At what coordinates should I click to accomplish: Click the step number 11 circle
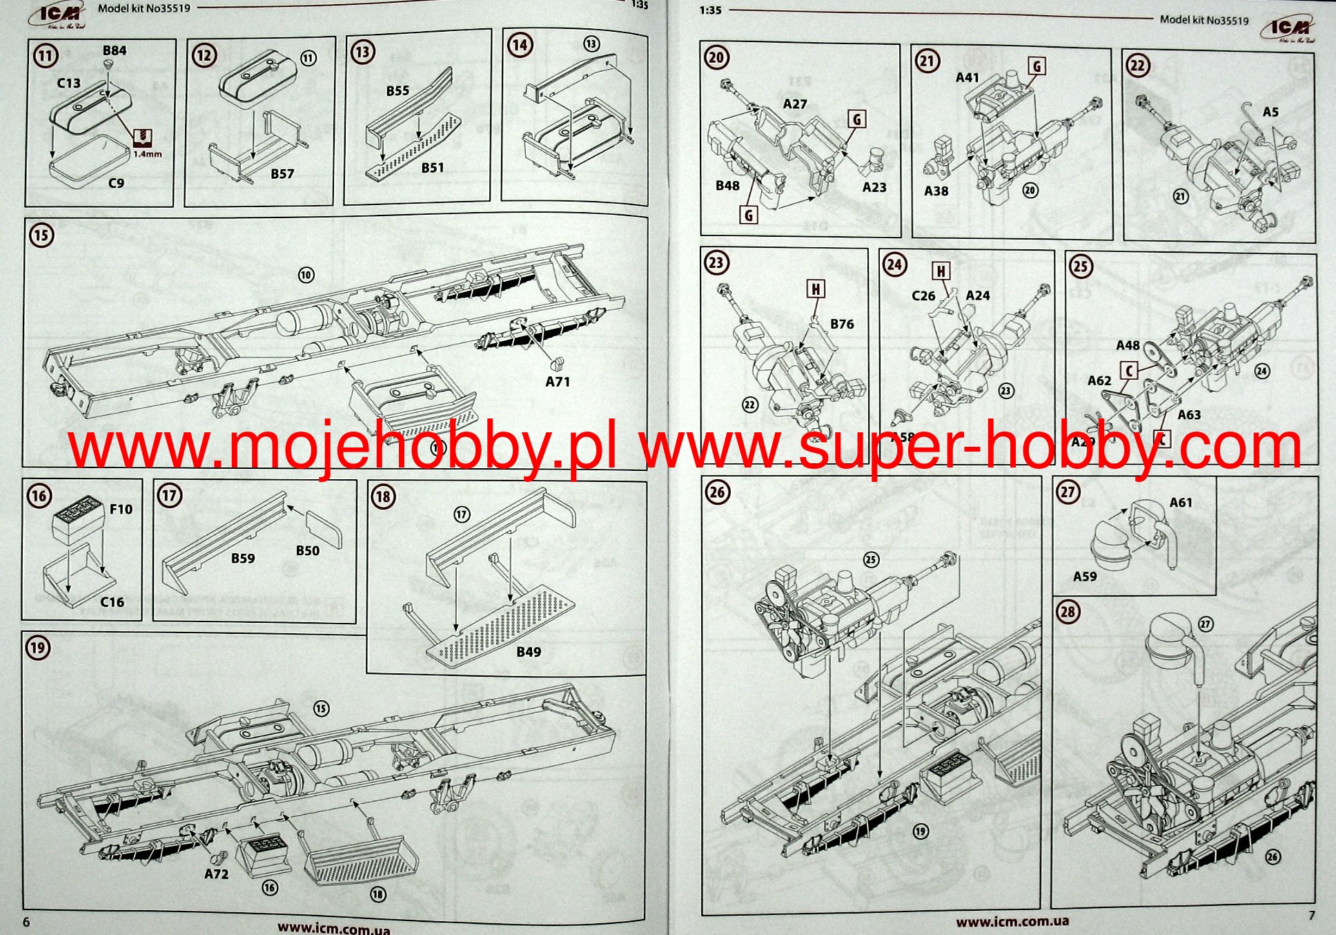46,56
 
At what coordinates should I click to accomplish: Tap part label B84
115,50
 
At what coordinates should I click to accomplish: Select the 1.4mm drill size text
147,154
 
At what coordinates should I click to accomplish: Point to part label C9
116,183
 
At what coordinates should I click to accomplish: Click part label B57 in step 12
282,174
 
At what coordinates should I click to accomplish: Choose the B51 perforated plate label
433,168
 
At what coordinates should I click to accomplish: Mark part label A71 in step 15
558,381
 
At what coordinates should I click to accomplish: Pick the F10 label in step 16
121,509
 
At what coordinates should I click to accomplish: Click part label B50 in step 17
308,550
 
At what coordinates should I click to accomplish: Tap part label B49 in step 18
529,651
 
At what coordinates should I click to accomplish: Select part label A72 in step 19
216,874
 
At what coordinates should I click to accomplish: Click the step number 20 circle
716,57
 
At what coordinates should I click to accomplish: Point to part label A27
795,104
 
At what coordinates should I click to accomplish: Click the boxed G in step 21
1037,66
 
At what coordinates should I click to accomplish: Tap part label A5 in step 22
1270,112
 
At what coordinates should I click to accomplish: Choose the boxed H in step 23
816,289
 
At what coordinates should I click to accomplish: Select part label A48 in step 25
1128,345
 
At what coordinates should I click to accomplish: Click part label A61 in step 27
1181,503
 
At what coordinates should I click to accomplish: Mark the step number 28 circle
1068,612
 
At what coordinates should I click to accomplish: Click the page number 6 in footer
26,923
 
